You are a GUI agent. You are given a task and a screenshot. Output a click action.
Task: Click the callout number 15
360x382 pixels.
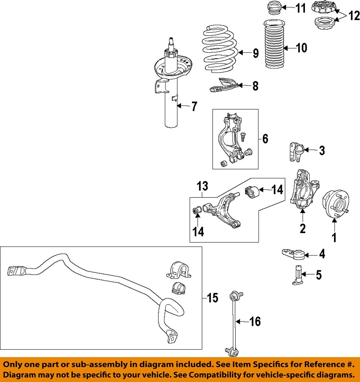click(x=213, y=298)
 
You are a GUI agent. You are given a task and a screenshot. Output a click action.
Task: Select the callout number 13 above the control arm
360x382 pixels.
click(x=202, y=186)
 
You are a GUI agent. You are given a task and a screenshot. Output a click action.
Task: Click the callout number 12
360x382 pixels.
click(x=354, y=15)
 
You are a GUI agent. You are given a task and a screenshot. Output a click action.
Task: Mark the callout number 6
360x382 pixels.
click(x=265, y=139)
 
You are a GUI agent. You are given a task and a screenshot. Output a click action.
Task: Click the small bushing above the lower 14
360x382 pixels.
click(x=197, y=209)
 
